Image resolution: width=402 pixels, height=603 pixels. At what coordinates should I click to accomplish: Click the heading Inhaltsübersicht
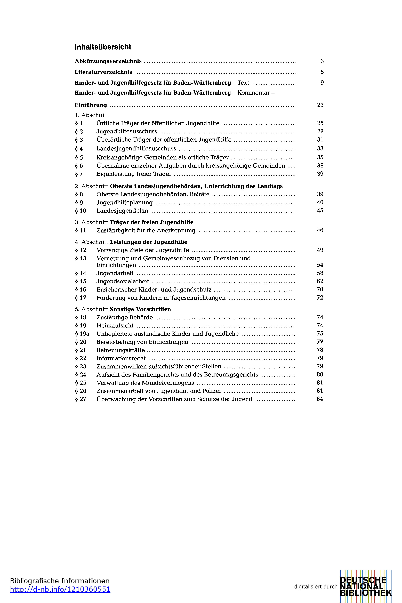tap(103, 47)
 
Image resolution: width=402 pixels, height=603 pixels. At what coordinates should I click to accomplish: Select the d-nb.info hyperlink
tap(60, 589)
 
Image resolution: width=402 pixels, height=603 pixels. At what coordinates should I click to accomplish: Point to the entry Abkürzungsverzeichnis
tap(108, 61)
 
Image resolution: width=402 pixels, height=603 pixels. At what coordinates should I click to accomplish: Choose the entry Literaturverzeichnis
tap(103, 72)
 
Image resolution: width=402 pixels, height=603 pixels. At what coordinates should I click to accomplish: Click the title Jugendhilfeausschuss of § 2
tap(127, 132)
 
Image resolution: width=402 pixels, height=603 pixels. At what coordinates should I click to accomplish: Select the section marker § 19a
tap(82, 334)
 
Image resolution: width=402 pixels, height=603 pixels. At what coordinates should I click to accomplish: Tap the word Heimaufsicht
tap(115, 326)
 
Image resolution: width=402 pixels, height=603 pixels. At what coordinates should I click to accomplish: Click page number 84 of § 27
tap(320, 399)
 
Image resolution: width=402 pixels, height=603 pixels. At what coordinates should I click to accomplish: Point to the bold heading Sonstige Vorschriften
tap(140, 309)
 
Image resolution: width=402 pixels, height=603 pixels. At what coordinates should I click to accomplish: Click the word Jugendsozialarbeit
tap(123, 282)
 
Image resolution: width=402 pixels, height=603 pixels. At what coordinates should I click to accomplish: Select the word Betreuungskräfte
tap(120, 350)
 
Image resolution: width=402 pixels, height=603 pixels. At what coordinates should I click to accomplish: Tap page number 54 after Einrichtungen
tap(320, 265)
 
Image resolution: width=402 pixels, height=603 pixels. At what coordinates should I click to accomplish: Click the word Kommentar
tap(253, 93)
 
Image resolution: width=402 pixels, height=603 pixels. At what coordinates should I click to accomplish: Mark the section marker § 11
tap(81, 230)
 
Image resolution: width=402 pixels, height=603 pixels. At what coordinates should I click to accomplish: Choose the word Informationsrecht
tap(121, 358)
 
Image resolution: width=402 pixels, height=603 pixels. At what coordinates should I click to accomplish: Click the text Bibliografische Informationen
tap(59, 581)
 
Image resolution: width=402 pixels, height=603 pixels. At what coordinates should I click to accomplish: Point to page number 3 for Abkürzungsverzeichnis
tap(322, 61)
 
